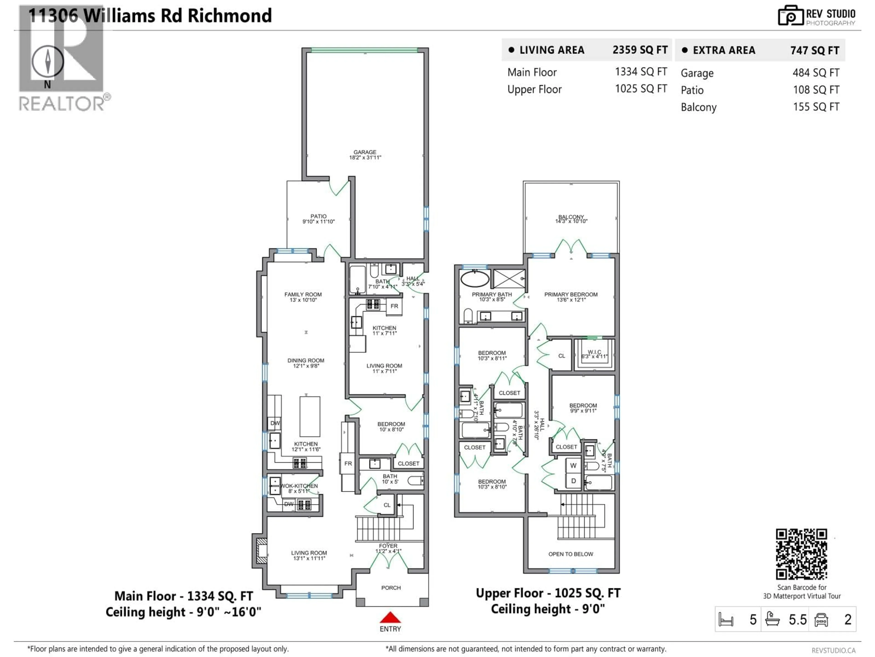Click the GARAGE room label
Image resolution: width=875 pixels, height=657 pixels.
(365, 152)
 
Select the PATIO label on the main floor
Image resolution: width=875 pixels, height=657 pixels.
(318, 216)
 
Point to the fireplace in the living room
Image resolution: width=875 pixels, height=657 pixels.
(261, 550)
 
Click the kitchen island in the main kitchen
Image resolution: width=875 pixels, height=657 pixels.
(310, 416)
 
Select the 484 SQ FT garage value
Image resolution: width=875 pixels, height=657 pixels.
(816, 73)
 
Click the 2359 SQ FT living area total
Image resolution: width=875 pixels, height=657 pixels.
(640, 50)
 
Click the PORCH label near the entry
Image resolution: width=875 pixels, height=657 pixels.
(391, 588)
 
